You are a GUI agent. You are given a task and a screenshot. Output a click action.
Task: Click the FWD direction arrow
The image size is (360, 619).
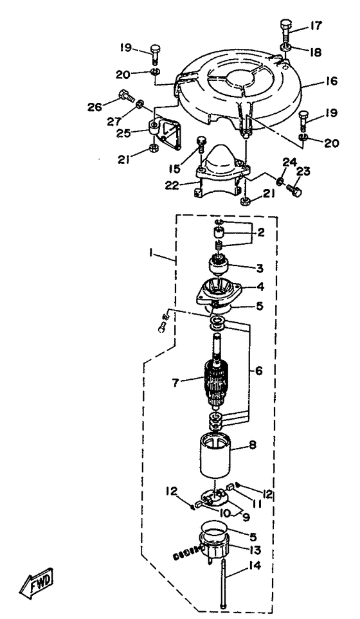(x=36, y=580)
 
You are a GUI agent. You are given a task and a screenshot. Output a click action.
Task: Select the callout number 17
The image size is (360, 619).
(x=316, y=26)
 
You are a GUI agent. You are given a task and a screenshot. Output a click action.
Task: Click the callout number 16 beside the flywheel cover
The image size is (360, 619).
(x=331, y=82)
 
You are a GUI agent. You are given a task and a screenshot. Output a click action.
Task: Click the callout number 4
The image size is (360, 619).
(x=260, y=286)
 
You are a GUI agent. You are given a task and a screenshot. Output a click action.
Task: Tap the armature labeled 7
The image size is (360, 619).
(x=215, y=381)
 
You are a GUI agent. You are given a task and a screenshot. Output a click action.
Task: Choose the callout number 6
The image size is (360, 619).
(x=258, y=371)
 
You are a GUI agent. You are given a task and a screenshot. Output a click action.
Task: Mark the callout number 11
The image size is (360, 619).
(x=256, y=504)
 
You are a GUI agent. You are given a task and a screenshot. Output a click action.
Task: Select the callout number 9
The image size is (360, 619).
(x=246, y=516)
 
